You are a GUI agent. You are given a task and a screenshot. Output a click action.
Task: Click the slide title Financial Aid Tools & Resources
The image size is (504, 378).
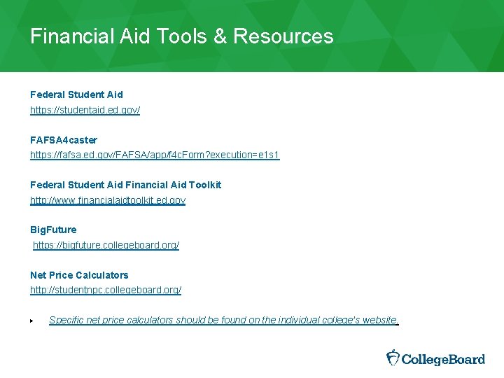click(181, 36)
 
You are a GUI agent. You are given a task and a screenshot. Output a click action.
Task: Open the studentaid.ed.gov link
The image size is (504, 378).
click(85, 111)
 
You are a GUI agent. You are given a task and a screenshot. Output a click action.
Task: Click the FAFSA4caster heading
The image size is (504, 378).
click(64, 140)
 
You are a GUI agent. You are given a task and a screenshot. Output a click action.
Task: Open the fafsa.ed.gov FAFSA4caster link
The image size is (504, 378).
click(155, 155)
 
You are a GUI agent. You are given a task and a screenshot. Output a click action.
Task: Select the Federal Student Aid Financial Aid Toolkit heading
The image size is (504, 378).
click(125, 185)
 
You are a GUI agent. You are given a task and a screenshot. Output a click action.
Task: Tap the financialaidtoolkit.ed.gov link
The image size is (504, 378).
click(108, 200)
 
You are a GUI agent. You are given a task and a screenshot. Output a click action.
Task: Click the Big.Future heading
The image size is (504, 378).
click(53, 230)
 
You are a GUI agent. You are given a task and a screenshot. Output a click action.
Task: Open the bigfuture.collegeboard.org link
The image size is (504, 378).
click(106, 246)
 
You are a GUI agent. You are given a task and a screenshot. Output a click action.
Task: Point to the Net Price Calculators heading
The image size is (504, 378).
click(79, 275)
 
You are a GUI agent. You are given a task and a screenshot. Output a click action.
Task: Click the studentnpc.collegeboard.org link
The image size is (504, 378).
click(106, 290)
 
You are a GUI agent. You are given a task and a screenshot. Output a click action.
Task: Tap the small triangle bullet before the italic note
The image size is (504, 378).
click(32, 321)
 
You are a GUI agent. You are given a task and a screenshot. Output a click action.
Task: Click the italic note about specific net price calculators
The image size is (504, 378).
click(223, 320)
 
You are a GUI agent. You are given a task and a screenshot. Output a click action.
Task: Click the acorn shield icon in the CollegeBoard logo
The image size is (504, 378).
click(393, 358)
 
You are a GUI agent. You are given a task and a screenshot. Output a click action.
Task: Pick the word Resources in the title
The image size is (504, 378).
click(283, 36)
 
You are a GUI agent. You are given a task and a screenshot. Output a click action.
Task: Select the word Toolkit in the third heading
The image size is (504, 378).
click(204, 185)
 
